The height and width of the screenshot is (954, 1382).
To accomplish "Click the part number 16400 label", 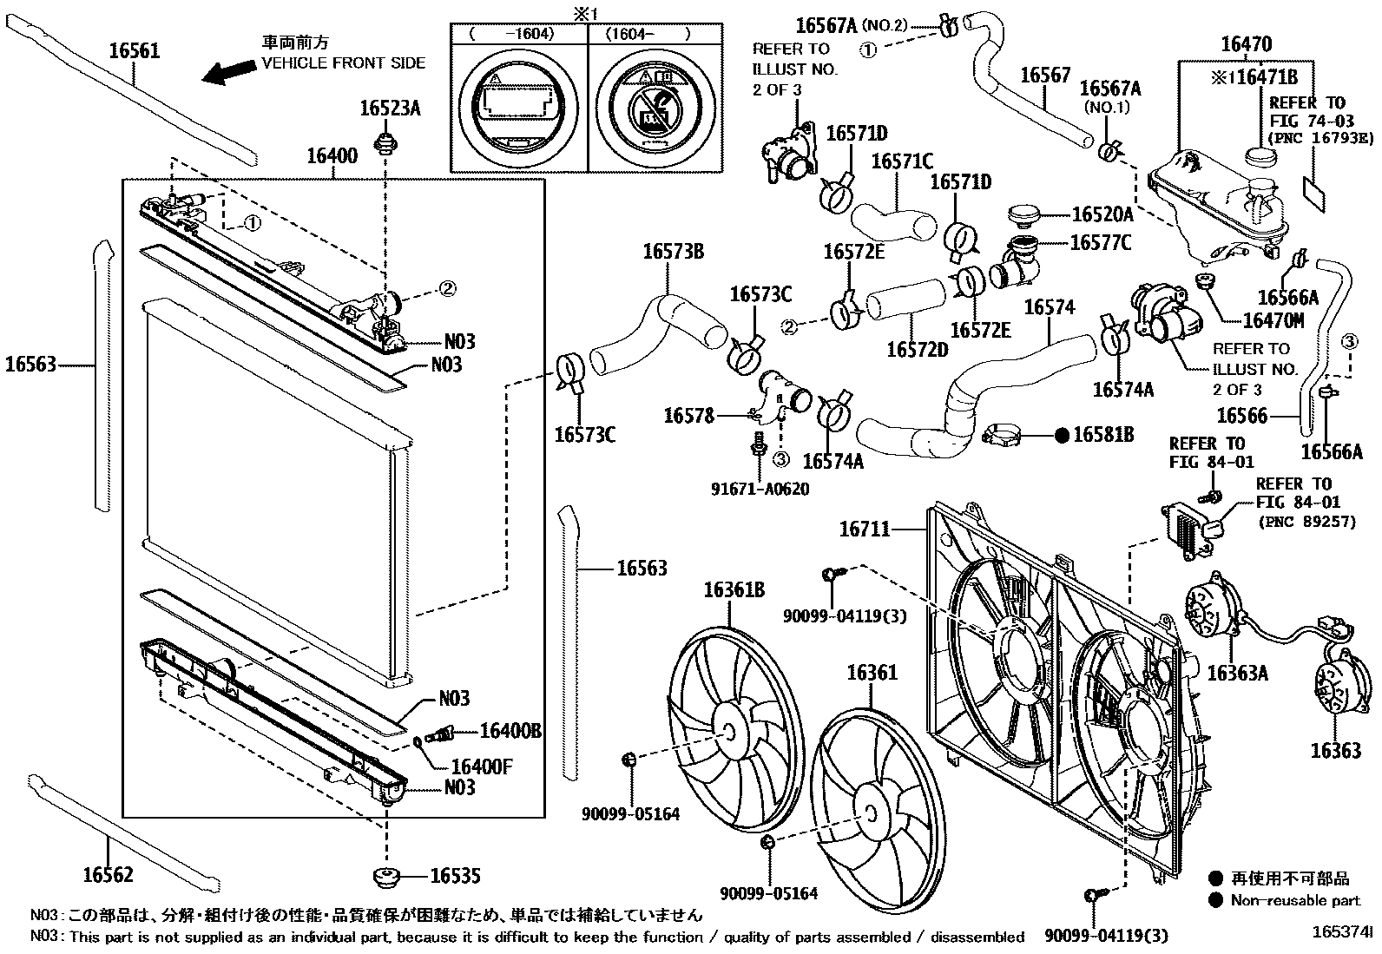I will click(332, 156).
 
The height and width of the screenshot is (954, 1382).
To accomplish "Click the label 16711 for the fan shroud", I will click(865, 528).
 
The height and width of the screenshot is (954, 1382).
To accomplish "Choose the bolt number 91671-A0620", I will click(759, 489).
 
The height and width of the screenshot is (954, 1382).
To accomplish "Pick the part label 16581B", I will click(1103, 435).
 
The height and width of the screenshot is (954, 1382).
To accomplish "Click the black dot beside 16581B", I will click(1062, 436).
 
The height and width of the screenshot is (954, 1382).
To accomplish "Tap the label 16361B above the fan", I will click(734, 590).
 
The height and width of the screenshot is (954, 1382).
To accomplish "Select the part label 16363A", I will click(1237, 673).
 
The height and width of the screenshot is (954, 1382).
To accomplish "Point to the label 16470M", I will click(1273, 320).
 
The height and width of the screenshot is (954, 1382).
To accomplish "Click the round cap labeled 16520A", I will click(1025, 214).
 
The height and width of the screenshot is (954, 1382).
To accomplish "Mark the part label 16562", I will click(109, 873).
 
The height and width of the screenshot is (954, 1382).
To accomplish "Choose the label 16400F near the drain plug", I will click(482, 766).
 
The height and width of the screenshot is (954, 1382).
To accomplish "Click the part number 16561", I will click(135, 50).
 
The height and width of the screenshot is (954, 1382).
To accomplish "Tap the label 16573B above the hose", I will click(673, 253).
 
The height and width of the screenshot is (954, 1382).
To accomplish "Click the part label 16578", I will click(688, 416).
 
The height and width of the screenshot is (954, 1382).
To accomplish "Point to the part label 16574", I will click(1050, 307).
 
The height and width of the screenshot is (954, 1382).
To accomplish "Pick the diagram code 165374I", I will click(1342, 932).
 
